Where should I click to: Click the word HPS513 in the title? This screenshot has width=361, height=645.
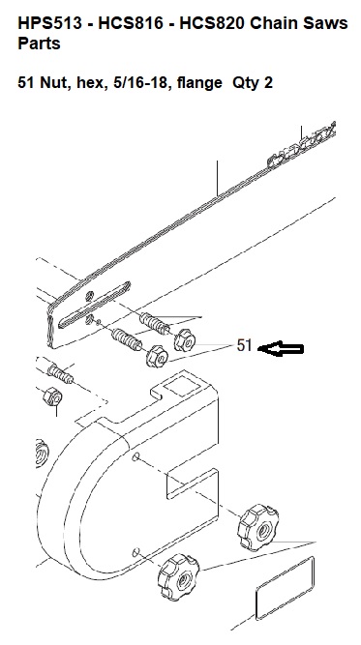[x=49, y=24]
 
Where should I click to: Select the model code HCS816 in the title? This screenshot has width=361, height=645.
[x=131, y=24]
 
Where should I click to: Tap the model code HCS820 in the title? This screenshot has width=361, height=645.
[x=212, y=24]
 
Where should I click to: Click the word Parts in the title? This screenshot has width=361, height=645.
[x=39, y=44]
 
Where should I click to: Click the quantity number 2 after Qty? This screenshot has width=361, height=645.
[x=268, y=83]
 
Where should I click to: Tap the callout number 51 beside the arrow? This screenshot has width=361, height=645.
[x=244, y=345]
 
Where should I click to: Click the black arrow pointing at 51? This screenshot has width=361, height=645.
[x=281, y=349]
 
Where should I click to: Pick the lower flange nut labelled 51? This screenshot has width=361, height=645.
[x=157, y=357]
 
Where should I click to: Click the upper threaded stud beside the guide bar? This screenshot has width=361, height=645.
[x=155, y=324]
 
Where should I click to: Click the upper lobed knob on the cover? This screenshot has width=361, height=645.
[x=258, y=529]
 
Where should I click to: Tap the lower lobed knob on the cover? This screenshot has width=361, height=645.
[x=178, y=576]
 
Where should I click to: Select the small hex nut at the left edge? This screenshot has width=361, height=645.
[x=52, y=396]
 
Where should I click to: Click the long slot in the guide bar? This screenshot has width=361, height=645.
[x=94, y=305]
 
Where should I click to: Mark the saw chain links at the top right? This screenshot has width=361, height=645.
[x=303, y=144]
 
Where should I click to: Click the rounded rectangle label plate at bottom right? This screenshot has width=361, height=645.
[x=285, y=588]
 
